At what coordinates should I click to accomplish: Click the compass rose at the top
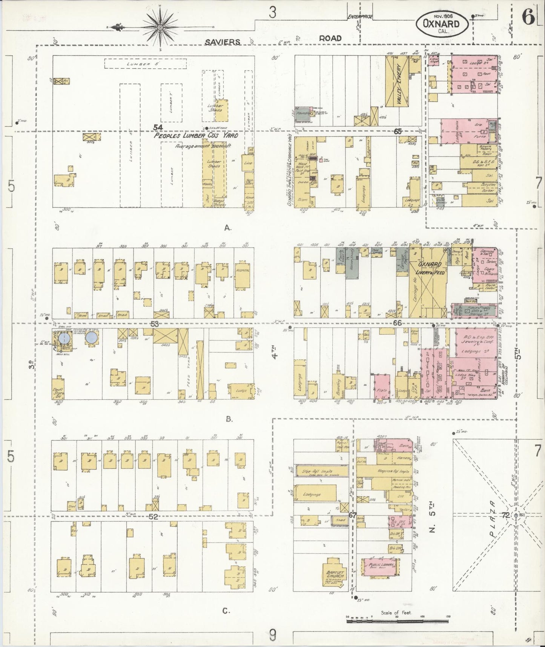pos(160,27)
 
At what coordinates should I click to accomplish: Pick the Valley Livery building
pos(397,80)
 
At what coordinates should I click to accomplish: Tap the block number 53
pos(155,323)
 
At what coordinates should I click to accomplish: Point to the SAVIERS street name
pos(223,42)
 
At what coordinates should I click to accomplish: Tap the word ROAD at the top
pos(330,38)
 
